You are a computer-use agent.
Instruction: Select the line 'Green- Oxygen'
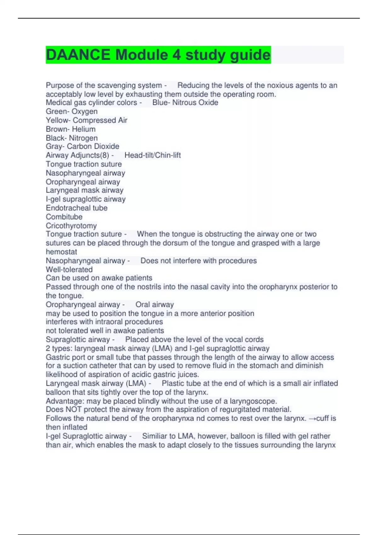(x=72, y=111)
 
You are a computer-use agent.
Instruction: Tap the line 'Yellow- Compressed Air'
(x=86, y=120)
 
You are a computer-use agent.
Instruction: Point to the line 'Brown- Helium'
(x=71, y=129)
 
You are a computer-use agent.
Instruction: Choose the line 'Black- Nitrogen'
(x=72, y=138)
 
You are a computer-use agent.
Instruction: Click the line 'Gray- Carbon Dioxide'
(x=82, y=146)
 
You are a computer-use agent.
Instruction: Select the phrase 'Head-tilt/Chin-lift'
(x=152, y=155)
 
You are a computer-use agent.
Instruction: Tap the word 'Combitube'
(x=64, y=217)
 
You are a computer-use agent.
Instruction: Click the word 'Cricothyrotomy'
(x=71, y=226)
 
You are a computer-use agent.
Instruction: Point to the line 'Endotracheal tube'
(x=77, y=208)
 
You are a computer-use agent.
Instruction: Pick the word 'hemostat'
(x=61, y=252)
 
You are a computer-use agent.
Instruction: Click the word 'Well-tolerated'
(x=69, y=269)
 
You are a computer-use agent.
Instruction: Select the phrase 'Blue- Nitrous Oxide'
(x=185, y=103)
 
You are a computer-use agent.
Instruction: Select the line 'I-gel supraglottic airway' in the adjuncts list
(x=85, y=199)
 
